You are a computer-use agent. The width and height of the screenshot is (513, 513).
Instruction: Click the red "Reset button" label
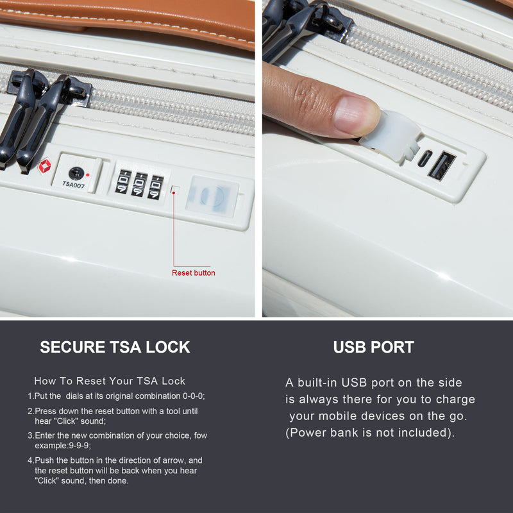[194, 273]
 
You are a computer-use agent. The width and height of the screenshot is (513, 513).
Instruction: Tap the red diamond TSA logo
[44, 167]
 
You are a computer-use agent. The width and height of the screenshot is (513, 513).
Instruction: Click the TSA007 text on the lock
[73, 184]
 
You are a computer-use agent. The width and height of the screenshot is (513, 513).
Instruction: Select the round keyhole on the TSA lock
[76, 172]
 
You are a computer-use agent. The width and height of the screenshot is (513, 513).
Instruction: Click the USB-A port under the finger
[442, 165]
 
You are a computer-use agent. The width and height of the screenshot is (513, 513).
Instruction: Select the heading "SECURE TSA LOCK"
[115, 348]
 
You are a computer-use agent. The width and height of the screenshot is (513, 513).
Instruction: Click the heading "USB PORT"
[373, 348]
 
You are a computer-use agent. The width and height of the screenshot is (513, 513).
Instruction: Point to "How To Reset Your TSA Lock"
[110, 381]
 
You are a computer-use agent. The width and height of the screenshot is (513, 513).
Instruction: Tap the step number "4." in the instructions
[30, 460]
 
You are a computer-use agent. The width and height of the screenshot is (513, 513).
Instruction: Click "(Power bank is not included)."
[370, 432]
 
